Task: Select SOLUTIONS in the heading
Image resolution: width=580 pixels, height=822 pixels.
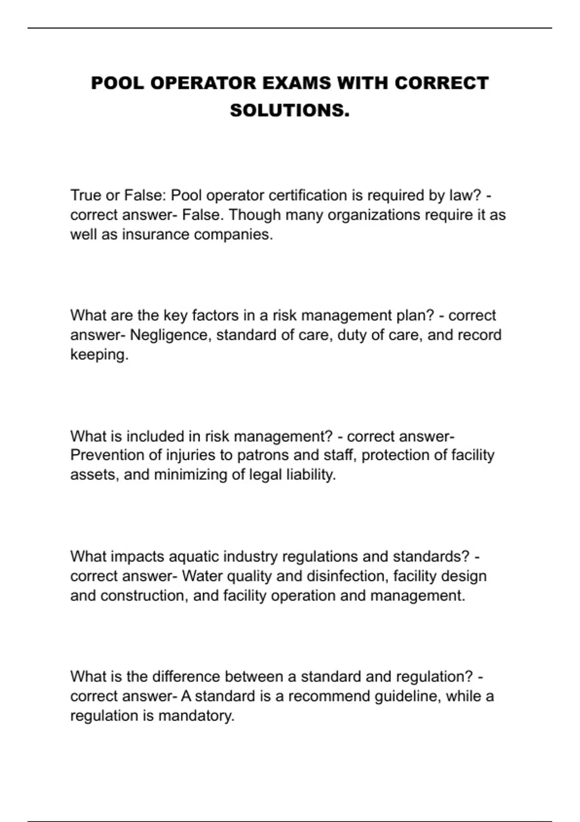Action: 290,111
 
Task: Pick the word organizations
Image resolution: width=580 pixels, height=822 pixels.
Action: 374,215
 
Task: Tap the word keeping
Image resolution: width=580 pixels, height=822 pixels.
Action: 99,355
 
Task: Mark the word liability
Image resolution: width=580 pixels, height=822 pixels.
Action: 310,475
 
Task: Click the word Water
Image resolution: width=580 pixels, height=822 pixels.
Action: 202,576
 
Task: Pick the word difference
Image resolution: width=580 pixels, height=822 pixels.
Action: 186,676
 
